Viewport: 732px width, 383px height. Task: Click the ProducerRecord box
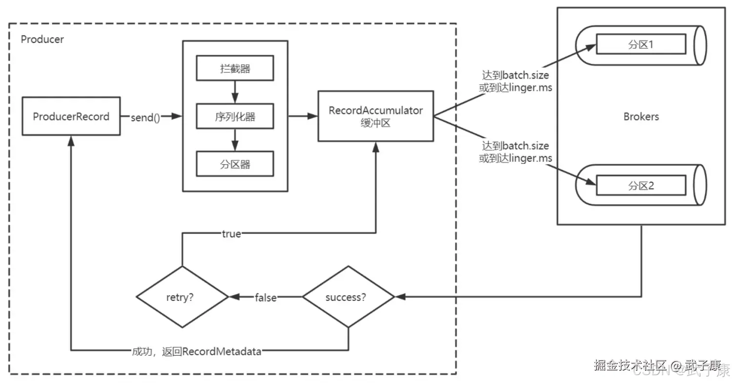71,116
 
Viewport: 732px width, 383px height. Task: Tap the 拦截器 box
235,68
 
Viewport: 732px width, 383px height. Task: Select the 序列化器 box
235,116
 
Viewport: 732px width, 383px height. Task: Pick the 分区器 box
235,164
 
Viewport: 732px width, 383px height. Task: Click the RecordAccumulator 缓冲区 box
376,116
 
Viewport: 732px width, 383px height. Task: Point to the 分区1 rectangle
641,44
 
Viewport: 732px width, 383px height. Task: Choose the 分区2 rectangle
641,186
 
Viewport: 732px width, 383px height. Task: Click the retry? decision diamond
183,297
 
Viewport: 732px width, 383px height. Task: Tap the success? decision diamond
348,297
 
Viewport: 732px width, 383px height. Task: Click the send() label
145,117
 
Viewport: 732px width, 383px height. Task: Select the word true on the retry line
231,234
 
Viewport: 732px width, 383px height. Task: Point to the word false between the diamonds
265,298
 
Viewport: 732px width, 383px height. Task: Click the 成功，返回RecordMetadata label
197,352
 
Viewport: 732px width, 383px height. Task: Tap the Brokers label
641,116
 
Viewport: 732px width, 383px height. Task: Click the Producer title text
42,39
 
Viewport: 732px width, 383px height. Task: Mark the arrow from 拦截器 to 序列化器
235,92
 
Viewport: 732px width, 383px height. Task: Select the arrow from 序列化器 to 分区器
235,140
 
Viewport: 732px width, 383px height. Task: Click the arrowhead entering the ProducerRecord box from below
71,141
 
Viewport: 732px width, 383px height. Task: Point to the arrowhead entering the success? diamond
401,297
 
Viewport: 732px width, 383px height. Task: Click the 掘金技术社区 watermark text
630,365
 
